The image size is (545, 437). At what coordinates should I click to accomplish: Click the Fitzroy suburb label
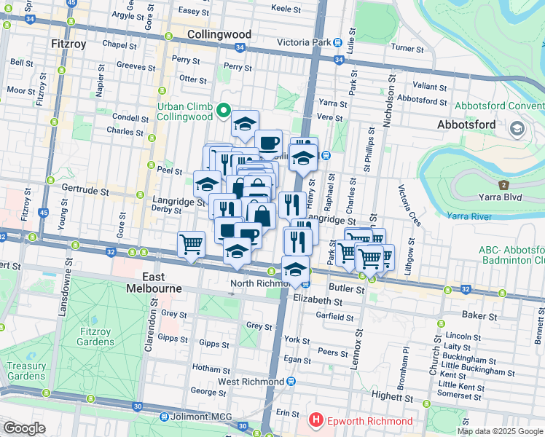coord(69,44)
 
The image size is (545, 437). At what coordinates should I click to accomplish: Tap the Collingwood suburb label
coord(219,34)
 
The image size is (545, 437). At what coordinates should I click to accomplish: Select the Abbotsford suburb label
coord(466,124)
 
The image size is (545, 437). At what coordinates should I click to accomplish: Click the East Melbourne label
coord(162,283)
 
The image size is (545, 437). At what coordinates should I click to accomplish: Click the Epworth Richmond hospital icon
coord(316,420)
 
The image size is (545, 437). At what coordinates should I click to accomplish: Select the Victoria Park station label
coord(306,42)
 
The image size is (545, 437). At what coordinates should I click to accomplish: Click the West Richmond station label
coord(251,382)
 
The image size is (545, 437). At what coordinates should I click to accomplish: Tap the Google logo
coord(24,428)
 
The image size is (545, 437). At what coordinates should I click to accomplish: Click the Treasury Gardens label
coord(26,371)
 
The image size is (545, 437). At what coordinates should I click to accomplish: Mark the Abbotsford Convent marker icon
coord(517,130)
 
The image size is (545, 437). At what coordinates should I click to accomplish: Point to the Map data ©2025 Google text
coord(499,431)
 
